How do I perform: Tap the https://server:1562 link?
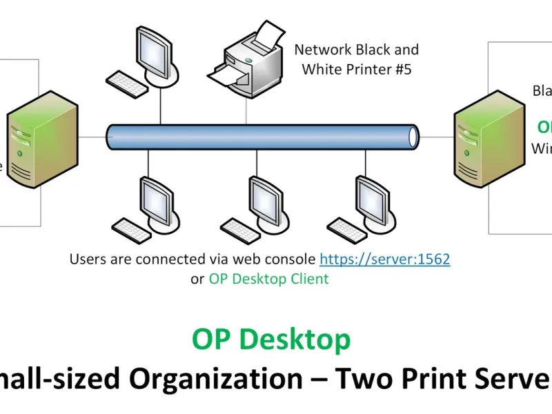[384, 259]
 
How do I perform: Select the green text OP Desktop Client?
[268, 279]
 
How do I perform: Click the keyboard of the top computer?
[128, 84]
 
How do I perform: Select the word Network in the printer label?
[323, 50]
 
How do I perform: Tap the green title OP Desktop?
[271, 339]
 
